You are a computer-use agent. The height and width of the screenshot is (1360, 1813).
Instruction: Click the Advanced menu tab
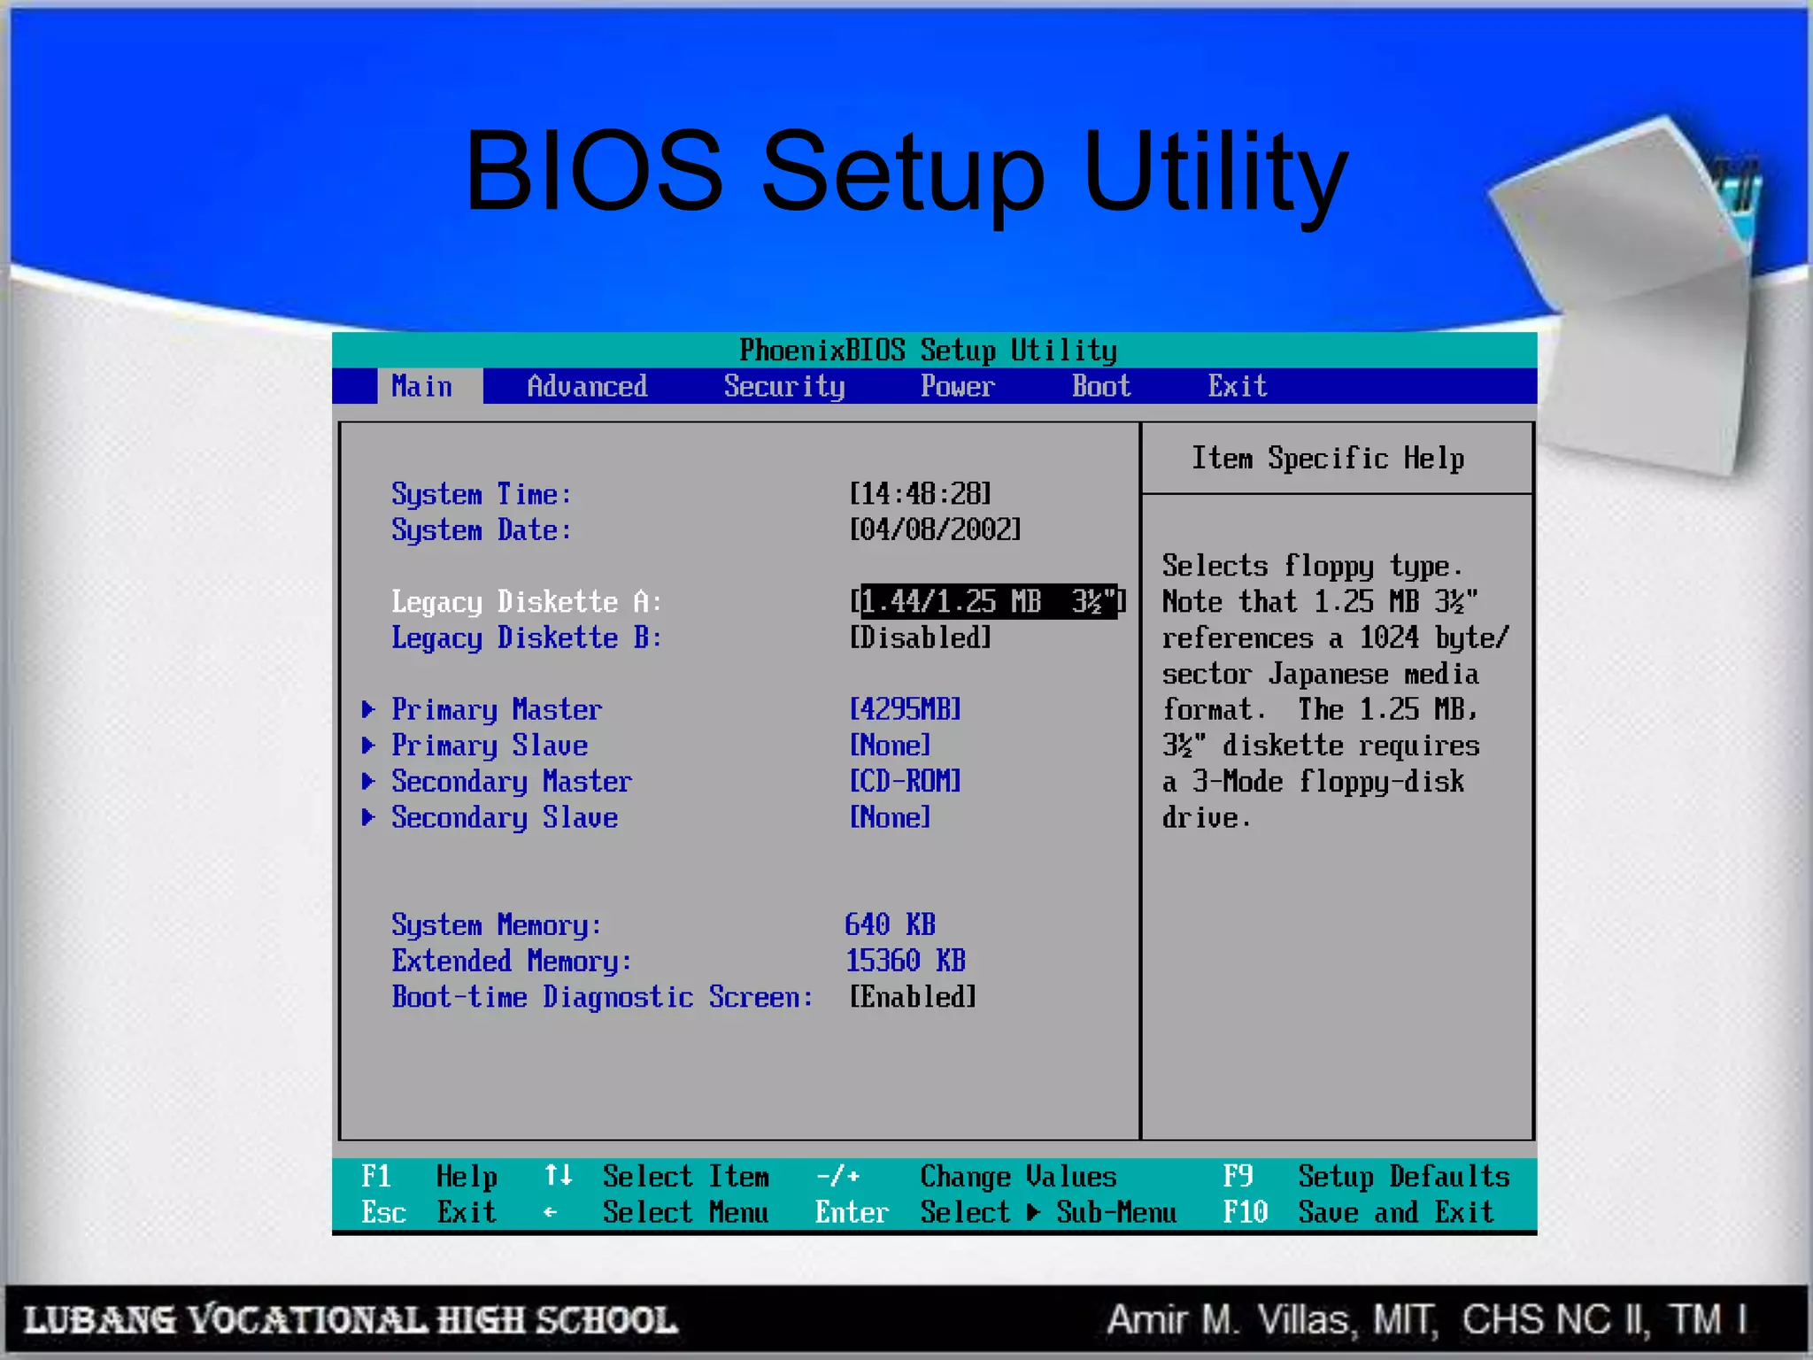[x=587, y=386]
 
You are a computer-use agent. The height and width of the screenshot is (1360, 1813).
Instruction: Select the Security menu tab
[x=784, y=386]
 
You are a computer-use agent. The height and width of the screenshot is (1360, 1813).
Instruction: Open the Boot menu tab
[x=1101, y=386]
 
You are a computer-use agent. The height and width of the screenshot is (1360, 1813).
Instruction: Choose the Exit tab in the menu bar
[x=1238, y=386]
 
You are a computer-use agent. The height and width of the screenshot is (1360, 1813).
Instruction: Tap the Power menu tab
[x=957, y=386]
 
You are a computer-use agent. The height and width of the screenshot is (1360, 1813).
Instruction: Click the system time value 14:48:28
[x=920, y=493]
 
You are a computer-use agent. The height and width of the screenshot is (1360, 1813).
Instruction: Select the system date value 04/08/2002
[x=935, y=529]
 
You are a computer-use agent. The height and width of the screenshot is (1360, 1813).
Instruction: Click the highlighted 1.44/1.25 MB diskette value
[x=988, y=601]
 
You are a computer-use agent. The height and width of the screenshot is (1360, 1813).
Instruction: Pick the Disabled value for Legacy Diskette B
[x=920, y=637]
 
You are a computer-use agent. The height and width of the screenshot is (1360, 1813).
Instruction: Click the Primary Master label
[x=497, y=709]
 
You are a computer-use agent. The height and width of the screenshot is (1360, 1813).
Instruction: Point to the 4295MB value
[x=905, y=709]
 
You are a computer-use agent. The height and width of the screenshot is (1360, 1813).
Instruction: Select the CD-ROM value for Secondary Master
[x=905, y=781]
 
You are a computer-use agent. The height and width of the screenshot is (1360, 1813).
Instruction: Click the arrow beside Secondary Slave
[x=368, y=817]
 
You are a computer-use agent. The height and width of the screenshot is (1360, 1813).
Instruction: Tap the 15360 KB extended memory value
[x=905, y=961]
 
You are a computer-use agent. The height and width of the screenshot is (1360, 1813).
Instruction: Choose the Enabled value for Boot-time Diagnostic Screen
[x=913, y=997]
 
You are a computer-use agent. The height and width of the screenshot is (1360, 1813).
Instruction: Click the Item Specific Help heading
[x=1327, y=458]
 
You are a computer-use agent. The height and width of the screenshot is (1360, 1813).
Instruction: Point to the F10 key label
[x=1245, y=1212]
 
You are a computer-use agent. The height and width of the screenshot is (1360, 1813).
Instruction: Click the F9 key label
[x=1238, y=1176]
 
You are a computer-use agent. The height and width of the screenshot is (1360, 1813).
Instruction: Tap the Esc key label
[x=383, y=1212]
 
